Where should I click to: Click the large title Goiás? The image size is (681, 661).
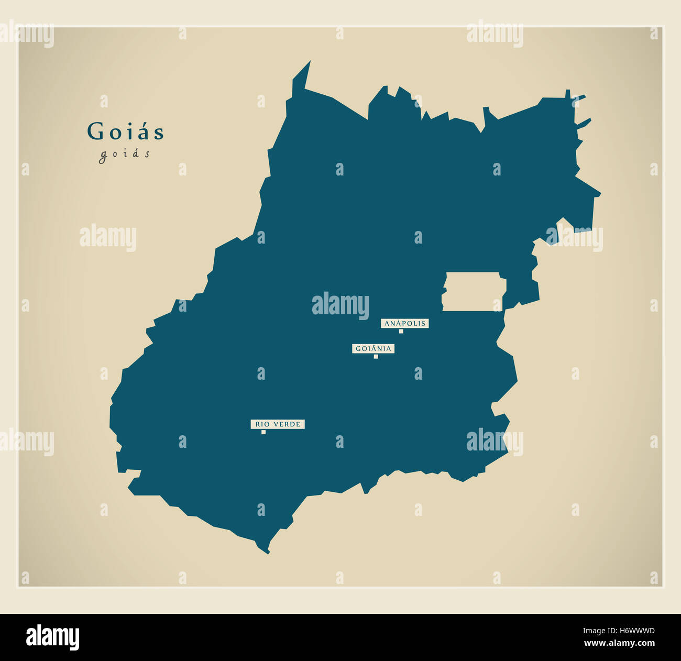click(126, 131)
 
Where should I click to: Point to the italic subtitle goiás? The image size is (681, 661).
click(125, 154)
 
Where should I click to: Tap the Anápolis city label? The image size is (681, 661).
click(404, 324)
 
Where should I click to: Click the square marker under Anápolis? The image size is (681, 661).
click(401, 331)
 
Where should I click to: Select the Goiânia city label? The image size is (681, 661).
click(373, 349)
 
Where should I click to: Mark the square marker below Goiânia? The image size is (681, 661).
click(376, 357)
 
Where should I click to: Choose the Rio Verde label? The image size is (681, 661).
click(278, 424)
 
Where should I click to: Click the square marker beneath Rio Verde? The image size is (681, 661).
click(263, 432)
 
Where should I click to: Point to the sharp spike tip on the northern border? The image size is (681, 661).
click(310, 62)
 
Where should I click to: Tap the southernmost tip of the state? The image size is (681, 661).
click(268, 553)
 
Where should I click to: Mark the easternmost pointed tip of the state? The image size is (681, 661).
click(600, 194)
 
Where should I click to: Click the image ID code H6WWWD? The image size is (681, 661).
click(633, 632)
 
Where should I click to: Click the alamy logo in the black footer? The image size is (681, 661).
click(53, 637)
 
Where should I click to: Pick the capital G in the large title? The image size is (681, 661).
click(95, 131)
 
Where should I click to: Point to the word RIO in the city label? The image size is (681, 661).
click(261, 424)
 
